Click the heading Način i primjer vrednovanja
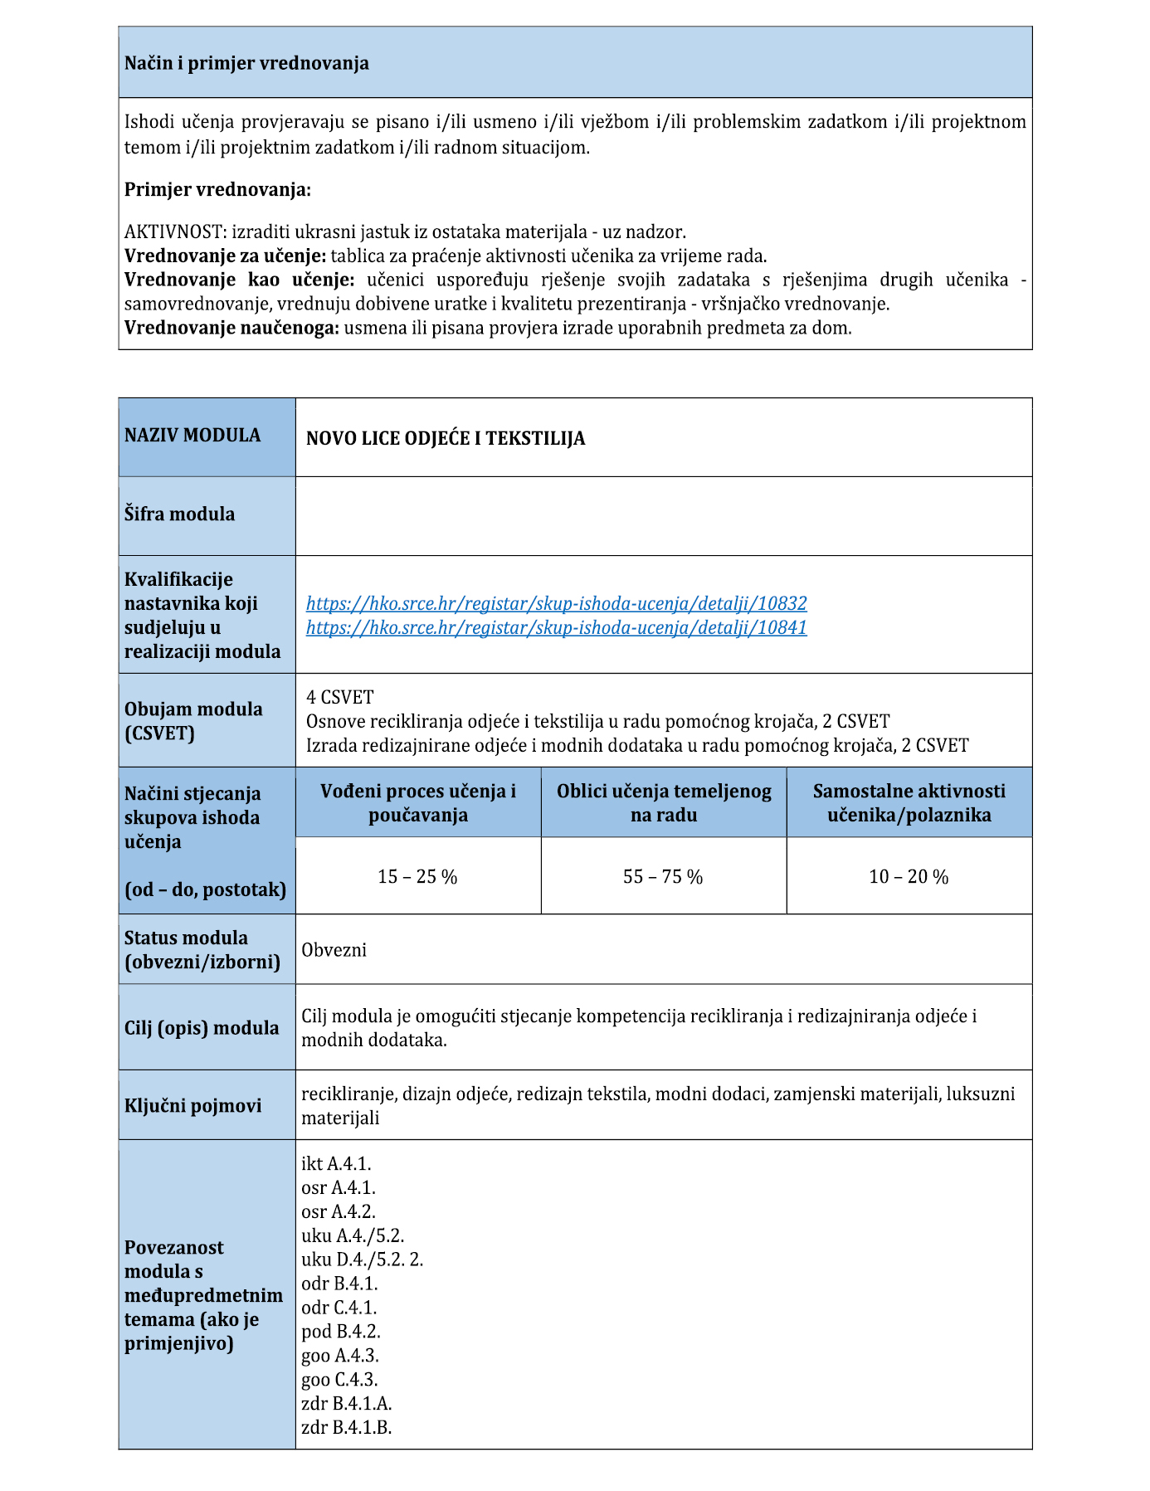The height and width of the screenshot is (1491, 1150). point(246,64)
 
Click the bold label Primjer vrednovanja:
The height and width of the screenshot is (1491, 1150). point(217,190)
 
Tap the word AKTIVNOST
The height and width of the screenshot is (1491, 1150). point(173,231)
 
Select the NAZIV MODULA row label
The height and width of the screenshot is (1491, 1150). point(192,436)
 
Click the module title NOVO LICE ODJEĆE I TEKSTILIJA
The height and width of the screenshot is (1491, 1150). point(446,439)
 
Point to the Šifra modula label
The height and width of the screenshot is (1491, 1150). point(179,514)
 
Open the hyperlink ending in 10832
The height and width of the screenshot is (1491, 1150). point(556,603)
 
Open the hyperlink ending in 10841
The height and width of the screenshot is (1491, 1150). point(556,627)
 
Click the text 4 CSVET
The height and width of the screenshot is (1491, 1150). point(340,697)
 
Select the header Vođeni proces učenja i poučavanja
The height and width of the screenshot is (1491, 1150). point(418,802)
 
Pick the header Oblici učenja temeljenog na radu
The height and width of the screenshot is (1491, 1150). point(664,802)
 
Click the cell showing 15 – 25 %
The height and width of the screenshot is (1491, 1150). point(417,877)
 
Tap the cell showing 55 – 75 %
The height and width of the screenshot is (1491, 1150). point(663,877)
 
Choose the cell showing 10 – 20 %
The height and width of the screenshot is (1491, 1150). point(909,877)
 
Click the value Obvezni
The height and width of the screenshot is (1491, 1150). point(334,950)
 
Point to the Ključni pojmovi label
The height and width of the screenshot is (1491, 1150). point(192,1106)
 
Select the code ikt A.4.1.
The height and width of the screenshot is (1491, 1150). point(336,1164)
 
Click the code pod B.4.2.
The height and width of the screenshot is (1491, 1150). point(341,1332)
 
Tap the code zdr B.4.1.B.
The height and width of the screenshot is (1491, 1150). point(347,1428)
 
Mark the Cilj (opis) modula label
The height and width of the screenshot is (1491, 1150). point(202,1028)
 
